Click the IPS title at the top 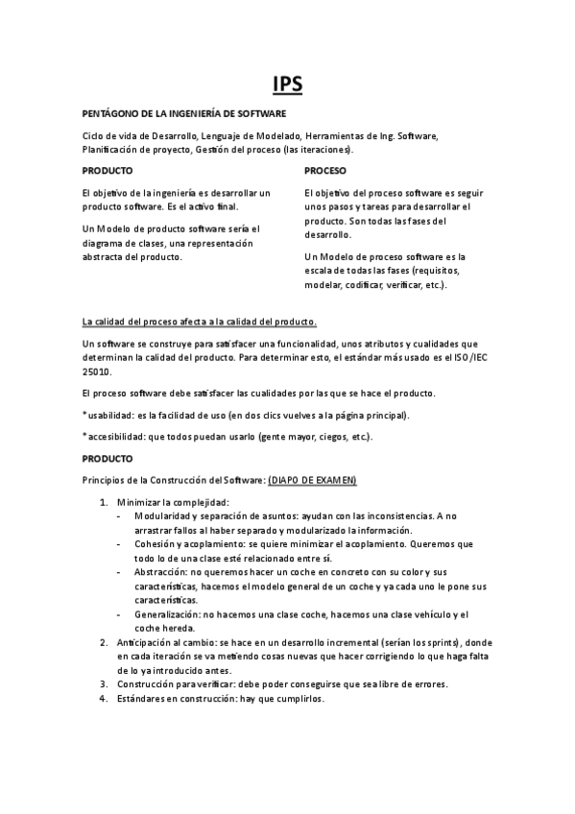click(287, 84)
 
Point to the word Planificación click(111, 150)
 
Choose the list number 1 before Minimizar click(104, 502)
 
